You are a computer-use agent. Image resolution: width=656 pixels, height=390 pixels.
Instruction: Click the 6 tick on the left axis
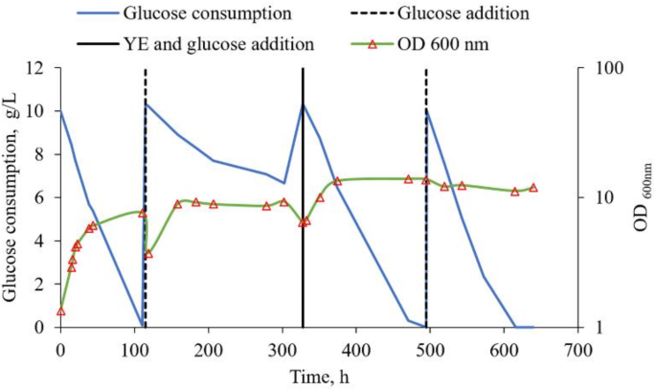[42, 197]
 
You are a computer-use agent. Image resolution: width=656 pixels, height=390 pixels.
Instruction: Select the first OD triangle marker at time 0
[60, 311]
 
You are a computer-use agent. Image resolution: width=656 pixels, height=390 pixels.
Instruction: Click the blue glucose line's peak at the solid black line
[304, 103]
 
